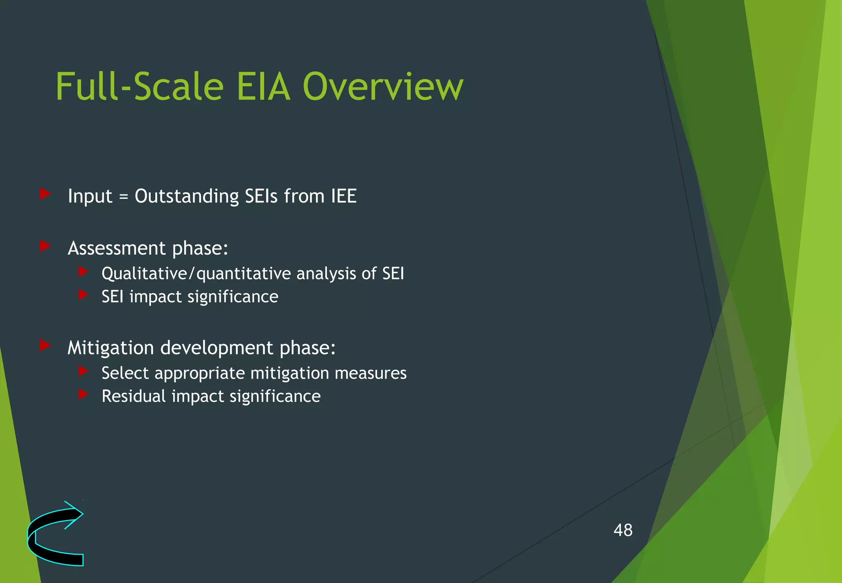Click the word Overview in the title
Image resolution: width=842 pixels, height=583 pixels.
point(383,87)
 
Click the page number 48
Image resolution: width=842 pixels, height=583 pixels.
point(623,530)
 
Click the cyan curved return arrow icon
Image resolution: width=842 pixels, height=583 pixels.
point(55,534)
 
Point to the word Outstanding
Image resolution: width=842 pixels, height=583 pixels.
point(187,196)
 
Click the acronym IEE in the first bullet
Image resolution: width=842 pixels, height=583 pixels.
point(344,196)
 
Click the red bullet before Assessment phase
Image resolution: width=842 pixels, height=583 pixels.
point(45,246)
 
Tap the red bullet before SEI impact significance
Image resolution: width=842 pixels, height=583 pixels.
point(83,294)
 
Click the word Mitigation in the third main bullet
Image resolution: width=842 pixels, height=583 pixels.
point(111,348)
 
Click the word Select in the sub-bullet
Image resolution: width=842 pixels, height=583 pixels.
point(125,373)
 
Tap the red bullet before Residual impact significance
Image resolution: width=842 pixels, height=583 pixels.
point(83,394)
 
